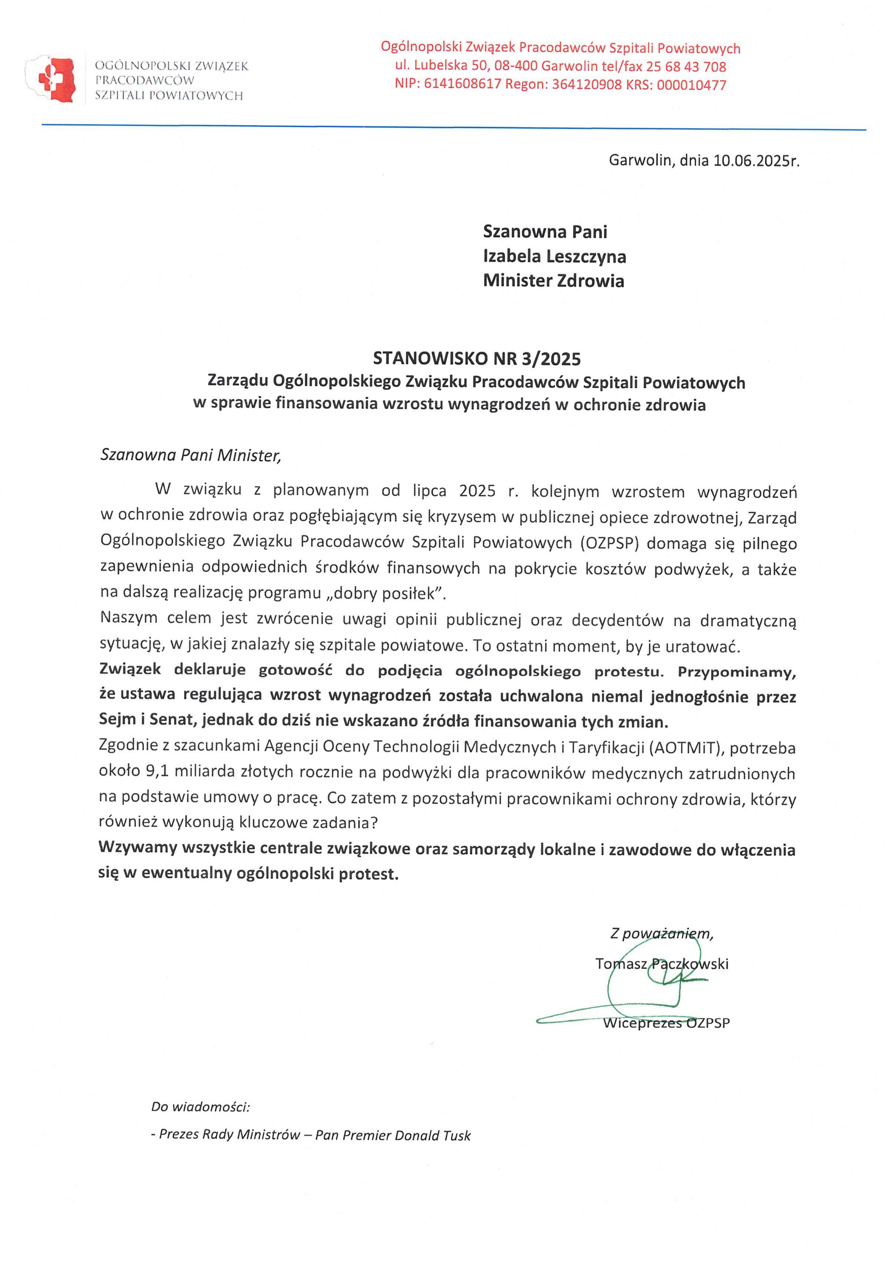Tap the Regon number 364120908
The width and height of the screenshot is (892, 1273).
click(586, 85)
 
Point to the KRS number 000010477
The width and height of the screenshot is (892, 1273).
click(691, 85)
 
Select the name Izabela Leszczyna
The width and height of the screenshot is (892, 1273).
click(554, 256)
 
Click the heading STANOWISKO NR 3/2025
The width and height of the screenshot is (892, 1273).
click(477, 359)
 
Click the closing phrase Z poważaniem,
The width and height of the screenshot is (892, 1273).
click(662, 934)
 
